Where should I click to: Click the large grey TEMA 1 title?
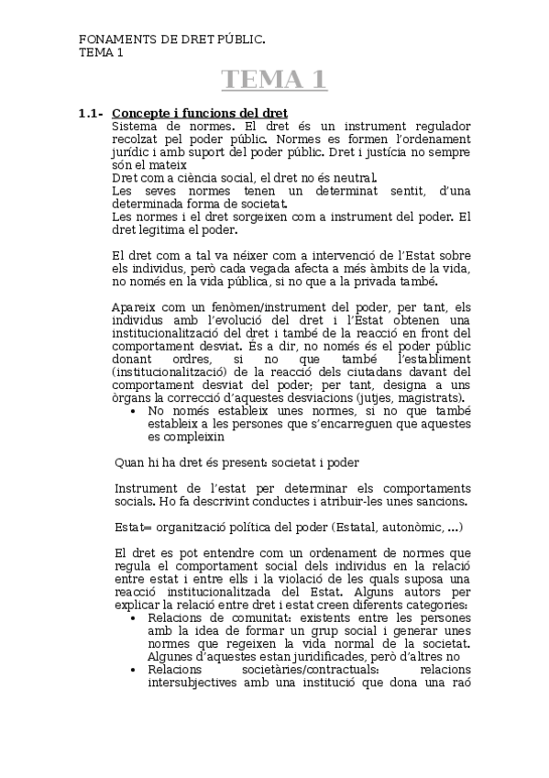[x=274, y=80]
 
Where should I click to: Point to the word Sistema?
[x=135, y=125]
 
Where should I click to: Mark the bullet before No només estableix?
[x=136, y=411]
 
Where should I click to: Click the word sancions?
[x=442, y=501]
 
